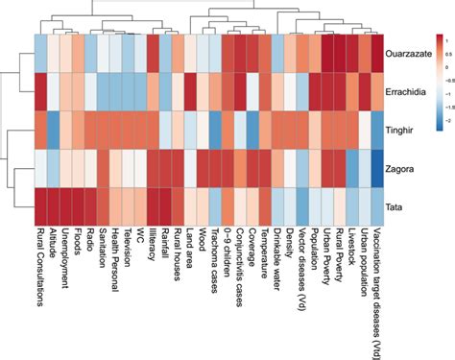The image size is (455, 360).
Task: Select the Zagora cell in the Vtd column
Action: click(376, 169)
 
